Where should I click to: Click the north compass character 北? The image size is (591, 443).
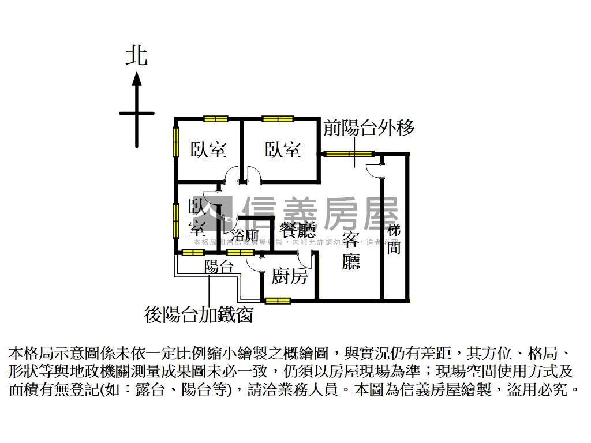pyautogui.click(x=137, y=56)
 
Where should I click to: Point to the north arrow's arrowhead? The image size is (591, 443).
pyautogui.click(x=137, y=77)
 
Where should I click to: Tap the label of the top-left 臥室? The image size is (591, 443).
pyautogui.click(x=208, y=150)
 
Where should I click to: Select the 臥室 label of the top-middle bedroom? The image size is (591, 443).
pyautogui.click(x=283, y=150)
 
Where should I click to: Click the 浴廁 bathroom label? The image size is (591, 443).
pyautogui.click(x=245, y=235)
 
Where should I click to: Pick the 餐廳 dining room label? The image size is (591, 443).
pyautogui.click(x=298, y=231)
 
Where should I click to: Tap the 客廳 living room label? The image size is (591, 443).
pyautogui.click(x=351, y=251)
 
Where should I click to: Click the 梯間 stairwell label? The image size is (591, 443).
pyautogui.click(x=394, y=239)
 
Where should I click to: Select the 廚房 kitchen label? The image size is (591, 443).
pyautogui.click(x=290, y=277)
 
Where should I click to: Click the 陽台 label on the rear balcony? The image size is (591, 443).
pyautogui.click(x=219, y=266)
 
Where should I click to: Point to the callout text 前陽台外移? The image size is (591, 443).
pyautogui.click(x=369, y=127)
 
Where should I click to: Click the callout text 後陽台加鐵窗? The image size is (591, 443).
pyautogui.click(x=199, y=315)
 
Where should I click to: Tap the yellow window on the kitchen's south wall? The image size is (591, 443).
pyautogui.click(x=278, y=301)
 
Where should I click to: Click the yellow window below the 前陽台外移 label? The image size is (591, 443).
pyautogui.click(x=346, y=154)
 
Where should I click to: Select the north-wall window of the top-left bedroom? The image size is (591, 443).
pyautogui.click(x=216, y=119)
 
